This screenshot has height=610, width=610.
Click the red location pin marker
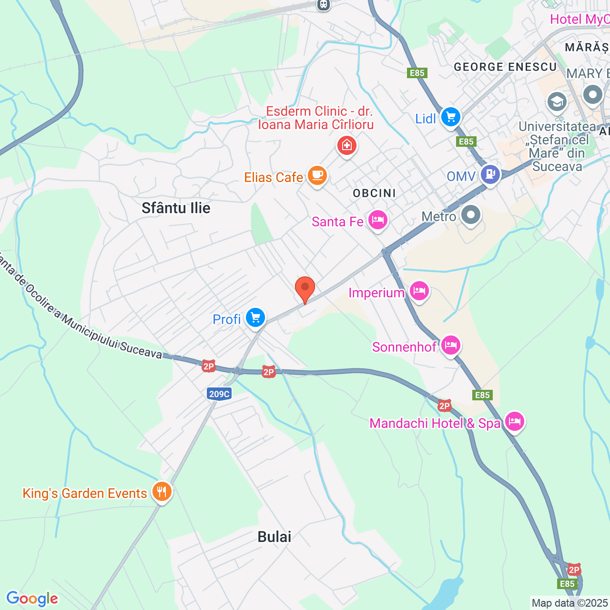click(305, 288)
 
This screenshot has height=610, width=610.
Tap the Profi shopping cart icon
click(255, 318)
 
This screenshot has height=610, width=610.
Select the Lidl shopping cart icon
click(450, 117)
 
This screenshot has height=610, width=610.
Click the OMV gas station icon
click(490, 174)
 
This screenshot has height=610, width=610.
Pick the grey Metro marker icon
click(471, 215)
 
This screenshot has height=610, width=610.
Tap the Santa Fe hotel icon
click(377, 221)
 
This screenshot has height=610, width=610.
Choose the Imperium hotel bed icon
click(419, 291)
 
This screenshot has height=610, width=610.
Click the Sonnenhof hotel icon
click(450, 345)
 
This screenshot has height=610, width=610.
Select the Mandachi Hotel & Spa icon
click(515, 422)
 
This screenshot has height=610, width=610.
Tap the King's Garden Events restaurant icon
click(162, 491)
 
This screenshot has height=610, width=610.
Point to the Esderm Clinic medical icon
click(347, 145)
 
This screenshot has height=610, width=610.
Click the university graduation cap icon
click(557, 102)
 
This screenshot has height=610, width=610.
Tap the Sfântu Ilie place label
click(176, 208)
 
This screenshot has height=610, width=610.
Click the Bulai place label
click(274, 537)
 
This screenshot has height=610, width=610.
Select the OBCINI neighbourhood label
click(374, 193)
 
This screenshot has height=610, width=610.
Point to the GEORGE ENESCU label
click(505, 67)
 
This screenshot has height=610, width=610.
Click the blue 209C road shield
click(219, 394)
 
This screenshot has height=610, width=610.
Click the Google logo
click(32, 599)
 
